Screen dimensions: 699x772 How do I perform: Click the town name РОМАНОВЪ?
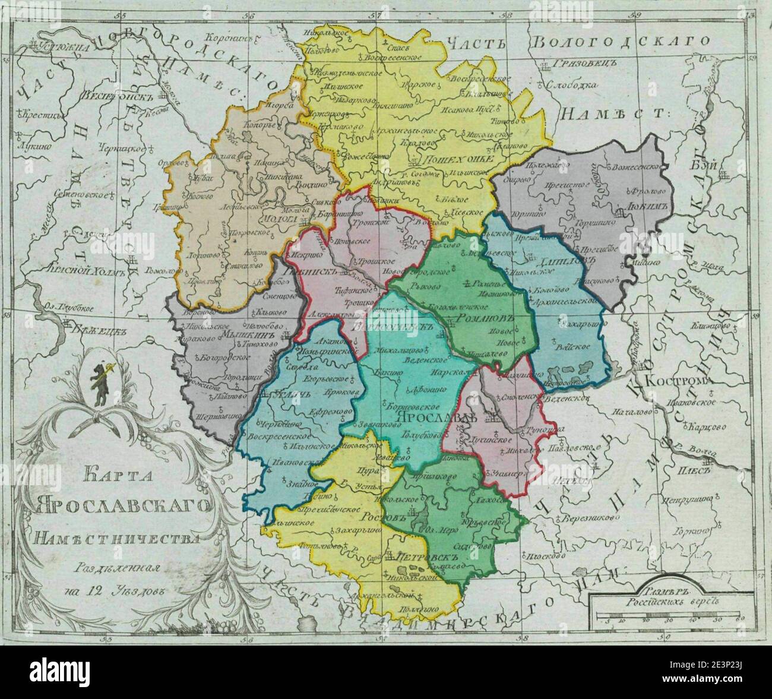(480, 320)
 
